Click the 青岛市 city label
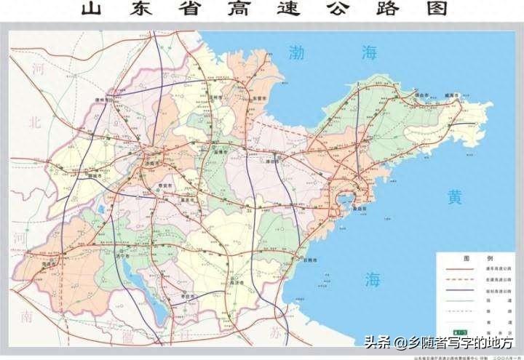(358, 208)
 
